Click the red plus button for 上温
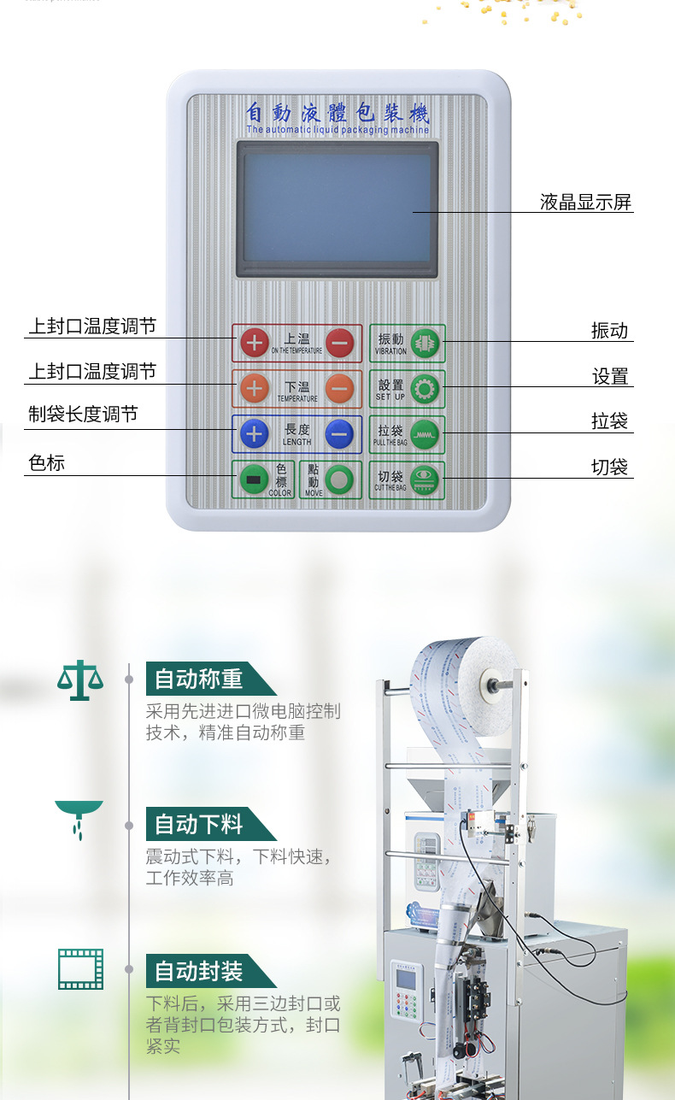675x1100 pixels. click(254, 343)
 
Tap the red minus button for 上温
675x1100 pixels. click(340, 343)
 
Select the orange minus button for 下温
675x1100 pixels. click(340, 389)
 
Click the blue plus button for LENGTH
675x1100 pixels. click(254, 434)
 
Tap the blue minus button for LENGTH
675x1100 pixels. click(340, 434)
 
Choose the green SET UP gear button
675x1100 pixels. click(424, 389)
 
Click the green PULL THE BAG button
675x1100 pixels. click(424, 434)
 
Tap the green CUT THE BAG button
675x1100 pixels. click(424, 479)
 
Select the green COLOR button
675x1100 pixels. click(253, 479)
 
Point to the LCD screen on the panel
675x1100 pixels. click(337, 209)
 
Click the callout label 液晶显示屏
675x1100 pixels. click(586, 203)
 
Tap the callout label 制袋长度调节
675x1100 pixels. click(83, 415)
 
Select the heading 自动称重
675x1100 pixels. click(199, 679)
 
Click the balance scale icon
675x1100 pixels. click(79, 680)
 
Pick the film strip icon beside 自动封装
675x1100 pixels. click(80, 968)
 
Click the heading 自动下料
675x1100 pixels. click(199, 825)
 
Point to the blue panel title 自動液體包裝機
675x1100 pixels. click(337, 112)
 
